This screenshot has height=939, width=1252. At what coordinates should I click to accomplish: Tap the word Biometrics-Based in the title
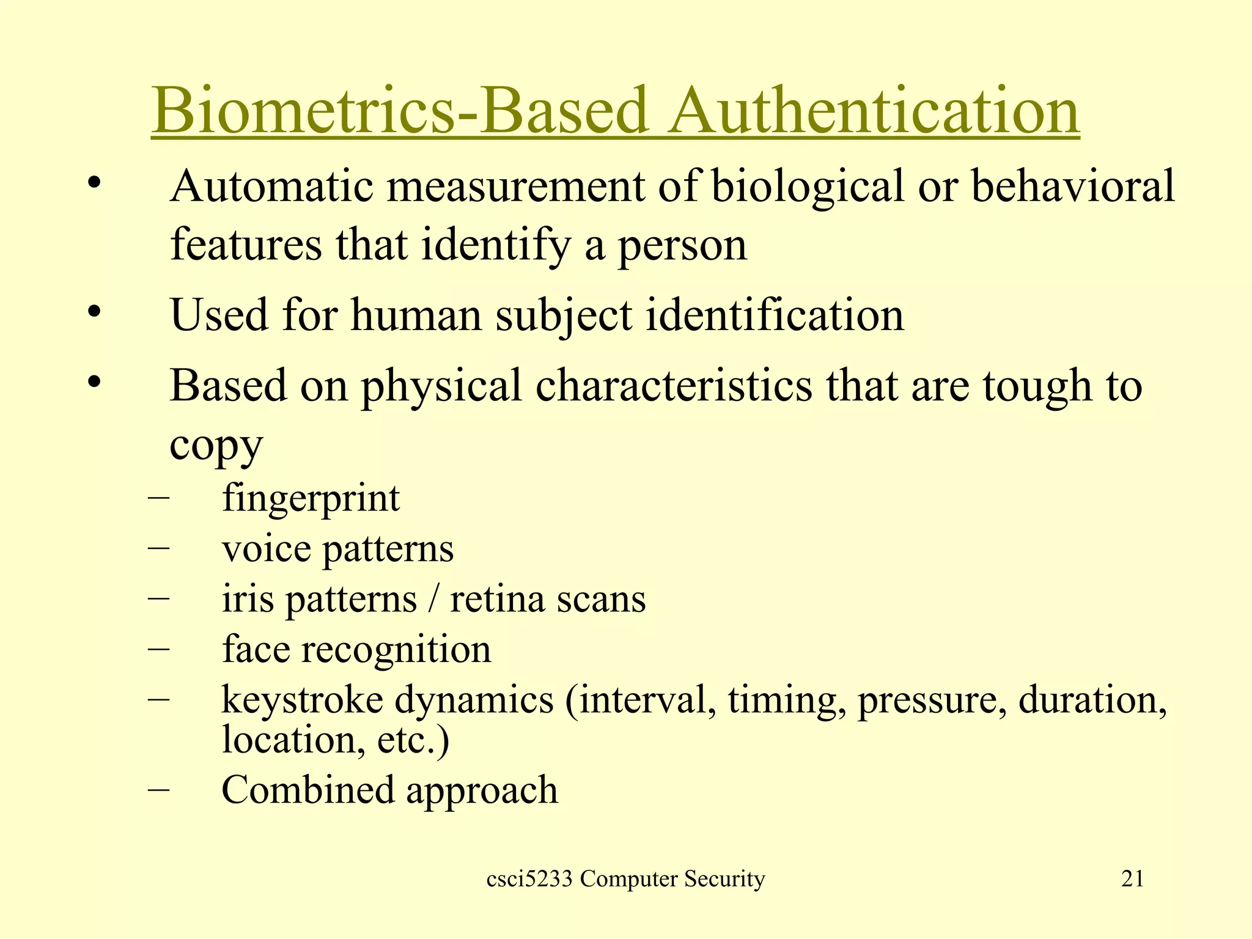pyautogui.click(x=400, y=111)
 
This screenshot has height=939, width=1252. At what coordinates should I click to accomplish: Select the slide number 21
pyautogui.click(x=1132, y=879)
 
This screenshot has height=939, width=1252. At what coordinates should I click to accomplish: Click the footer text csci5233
pyautogui.click(x=529, y=879)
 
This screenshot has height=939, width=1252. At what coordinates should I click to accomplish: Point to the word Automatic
pyautogui.click(x=272, y=186)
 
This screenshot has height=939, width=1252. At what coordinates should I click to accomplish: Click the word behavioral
pyautogui.click(x=1073, y=186)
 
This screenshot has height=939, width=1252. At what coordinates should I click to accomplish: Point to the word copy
pyautogui.click(x=216, y=445)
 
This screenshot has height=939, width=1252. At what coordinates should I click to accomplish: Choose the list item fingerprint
pyautogui.click(x=311, y=499)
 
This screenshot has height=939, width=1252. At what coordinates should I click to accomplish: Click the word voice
pyautogui.click(x=267, y=548)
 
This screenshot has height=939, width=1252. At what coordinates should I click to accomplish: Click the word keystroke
pyautogui.click(x=302, y=699)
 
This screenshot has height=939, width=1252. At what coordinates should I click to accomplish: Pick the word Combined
pyautogui.click(x=308, y=790)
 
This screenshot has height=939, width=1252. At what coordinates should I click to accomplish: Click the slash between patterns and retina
pyautogui.click(x=433, y=598)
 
